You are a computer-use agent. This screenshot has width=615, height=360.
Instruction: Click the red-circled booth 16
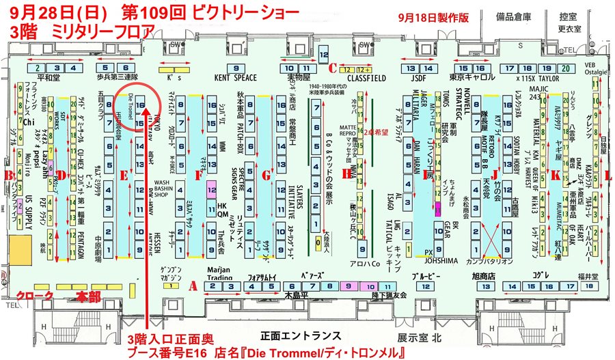click(x=140, y=105)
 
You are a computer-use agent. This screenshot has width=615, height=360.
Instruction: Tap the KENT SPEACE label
click(x=235, y=78)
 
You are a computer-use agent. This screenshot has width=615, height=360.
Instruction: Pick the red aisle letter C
click(x=332, y=68)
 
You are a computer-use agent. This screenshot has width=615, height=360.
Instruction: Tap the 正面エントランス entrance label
click(x=301, y=336)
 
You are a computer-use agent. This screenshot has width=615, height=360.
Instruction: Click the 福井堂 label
click(x=588, y=275)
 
